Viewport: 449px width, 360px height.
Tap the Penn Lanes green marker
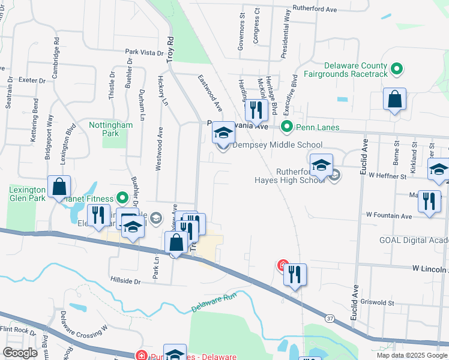(x=287, y=127)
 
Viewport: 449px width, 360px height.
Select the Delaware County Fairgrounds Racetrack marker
(x=396, y=70)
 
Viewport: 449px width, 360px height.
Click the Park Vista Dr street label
(x=144, y=52)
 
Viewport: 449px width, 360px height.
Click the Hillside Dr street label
(x=125, y=280)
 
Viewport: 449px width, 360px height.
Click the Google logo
(x=20, y=353)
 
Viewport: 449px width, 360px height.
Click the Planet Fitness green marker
(x=122, y=197)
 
